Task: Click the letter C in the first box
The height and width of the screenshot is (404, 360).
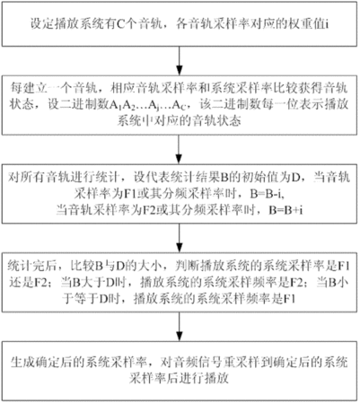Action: (119, 24)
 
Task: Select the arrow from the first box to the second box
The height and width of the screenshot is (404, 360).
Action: (179, 60)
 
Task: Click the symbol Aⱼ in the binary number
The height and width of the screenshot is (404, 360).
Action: (153, 105)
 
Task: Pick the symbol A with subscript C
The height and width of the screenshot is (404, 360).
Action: (178, 105)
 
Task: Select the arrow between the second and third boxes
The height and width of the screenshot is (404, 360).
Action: (179, 149)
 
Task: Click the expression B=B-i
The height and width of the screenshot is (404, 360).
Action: (267, 194)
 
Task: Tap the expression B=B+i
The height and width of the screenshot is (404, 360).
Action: (285, 210)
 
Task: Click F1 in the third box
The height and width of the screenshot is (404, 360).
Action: (130, 194)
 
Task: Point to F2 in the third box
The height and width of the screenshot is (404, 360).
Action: (148, 210)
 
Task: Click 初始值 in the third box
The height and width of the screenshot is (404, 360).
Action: (259, 178)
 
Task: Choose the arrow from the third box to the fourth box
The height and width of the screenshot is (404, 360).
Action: (179, 238)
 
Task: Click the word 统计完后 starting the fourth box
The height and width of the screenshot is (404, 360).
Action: (32, 266)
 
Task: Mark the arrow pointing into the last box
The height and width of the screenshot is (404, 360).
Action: (179, 327)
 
